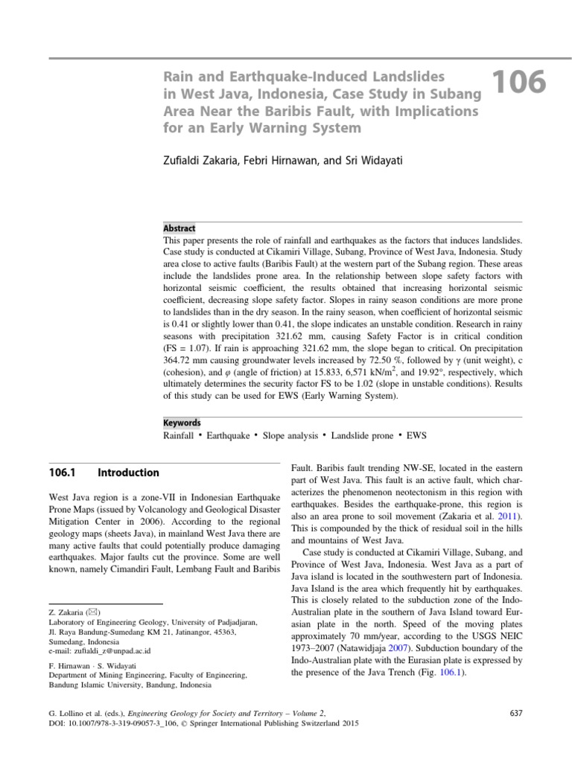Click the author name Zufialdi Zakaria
200,159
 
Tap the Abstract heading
179,228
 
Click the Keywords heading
182,423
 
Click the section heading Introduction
128,473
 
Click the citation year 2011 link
510,516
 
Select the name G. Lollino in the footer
66,713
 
